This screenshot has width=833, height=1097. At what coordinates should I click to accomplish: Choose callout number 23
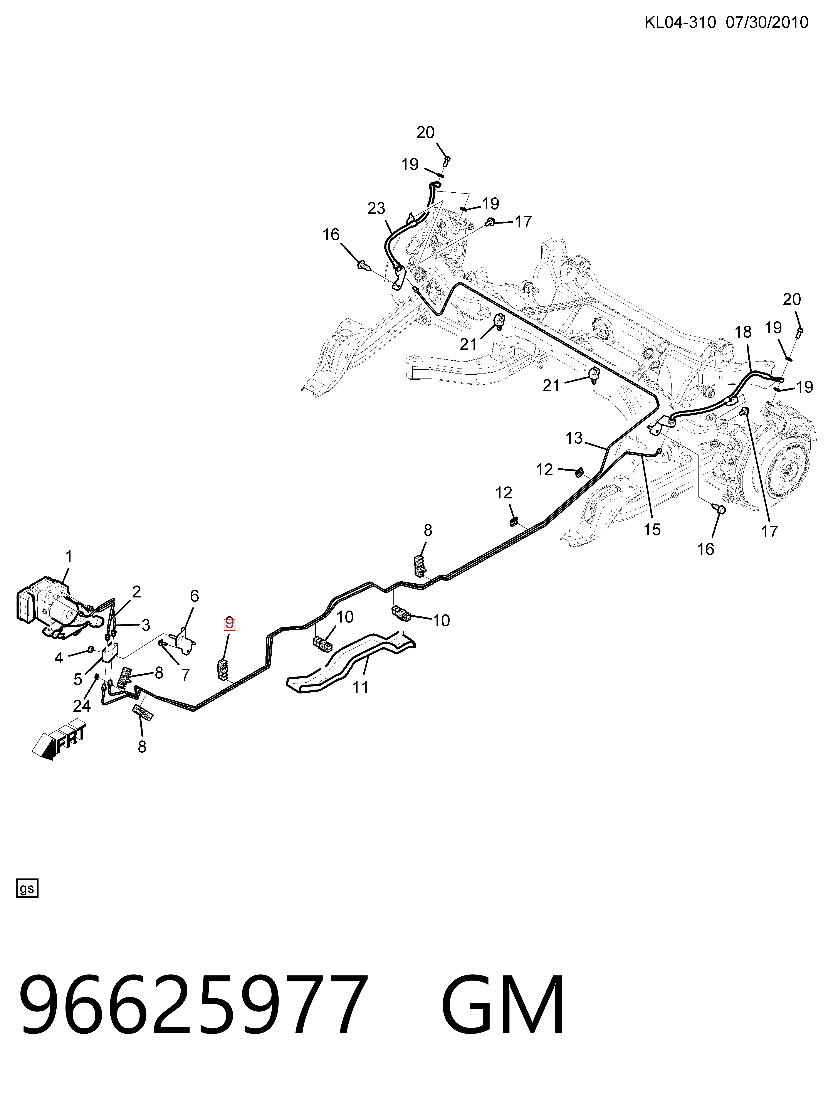click(376, 209)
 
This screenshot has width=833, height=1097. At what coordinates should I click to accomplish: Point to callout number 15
click(653, 530)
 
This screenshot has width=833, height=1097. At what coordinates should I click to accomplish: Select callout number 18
click(743, 332)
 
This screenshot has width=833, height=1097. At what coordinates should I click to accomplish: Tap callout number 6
click(194, 596)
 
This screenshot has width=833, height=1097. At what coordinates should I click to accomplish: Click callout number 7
click(185, 675)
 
